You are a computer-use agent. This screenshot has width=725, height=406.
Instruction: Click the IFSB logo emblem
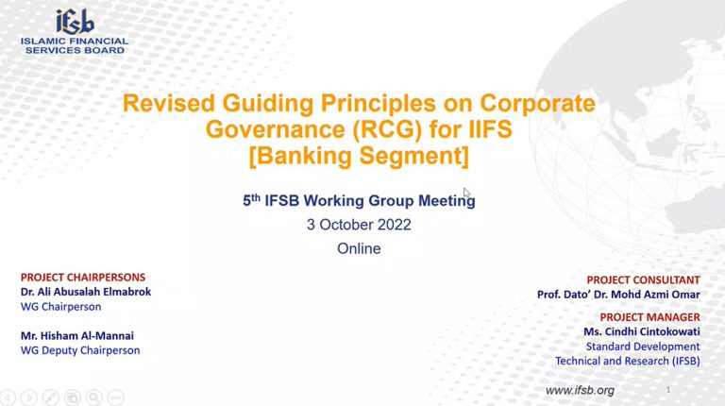tap(75, 22)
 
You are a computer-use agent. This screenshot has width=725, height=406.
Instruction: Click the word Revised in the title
tap(169, 103)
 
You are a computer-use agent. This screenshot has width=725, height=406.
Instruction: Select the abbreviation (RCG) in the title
tap(387, 129)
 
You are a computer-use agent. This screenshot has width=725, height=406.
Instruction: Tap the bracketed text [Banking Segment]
tap(359, 156)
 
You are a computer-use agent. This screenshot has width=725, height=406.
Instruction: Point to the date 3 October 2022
tap(359, 225)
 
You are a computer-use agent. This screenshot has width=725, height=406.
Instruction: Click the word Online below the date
tap(359, 248)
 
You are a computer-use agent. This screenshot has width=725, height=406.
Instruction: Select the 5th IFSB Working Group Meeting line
tap(359, 200)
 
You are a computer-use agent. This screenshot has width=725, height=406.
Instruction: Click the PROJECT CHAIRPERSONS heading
tap(83, 277)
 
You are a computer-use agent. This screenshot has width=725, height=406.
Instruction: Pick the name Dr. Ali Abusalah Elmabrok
tap(86, 292)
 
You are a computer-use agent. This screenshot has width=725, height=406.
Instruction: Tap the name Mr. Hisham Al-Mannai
tap(77, 336)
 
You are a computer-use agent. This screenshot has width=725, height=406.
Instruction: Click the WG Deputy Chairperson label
tap(80, 350)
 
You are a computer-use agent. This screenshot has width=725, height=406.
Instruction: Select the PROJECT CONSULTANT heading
tap(643, 279)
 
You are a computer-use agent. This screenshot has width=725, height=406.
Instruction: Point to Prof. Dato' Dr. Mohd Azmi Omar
tap(618, 294)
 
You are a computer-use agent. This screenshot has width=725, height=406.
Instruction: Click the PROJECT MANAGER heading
tap(650, 317)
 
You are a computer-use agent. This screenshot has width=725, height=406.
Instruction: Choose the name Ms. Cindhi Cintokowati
tap(642, 331)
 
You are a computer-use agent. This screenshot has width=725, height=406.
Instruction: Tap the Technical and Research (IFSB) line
tap(628, 361)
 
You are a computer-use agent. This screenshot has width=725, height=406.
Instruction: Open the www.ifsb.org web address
tap(580, 390)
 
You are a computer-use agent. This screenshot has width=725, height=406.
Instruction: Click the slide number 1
tap(668, 390)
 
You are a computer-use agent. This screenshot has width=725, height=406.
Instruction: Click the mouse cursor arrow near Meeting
tap(466, 193)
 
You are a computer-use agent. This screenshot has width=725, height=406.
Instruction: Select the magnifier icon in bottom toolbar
tap(93, 398)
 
